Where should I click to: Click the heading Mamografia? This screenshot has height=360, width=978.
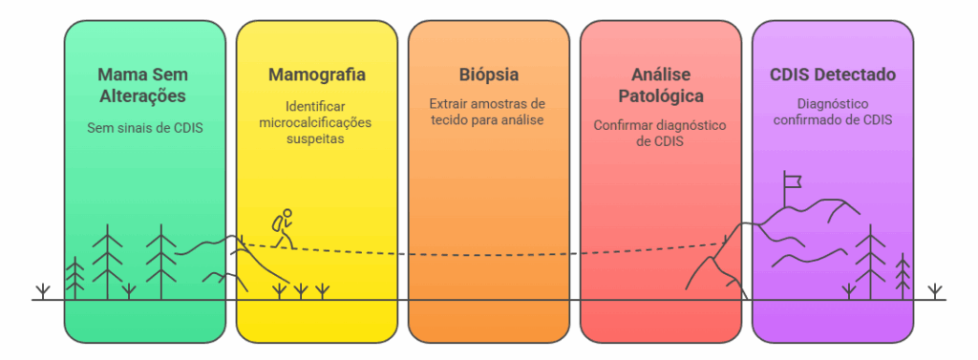pyautogui.click(x=317, y=74)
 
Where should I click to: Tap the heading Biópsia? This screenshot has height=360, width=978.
pyautogui.click(x=488, y=74)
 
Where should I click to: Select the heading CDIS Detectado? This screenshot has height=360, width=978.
pyautogui.click(x=833, y=74)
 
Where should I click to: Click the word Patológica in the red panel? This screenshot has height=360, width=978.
pyautogui.click(x=661, y=96)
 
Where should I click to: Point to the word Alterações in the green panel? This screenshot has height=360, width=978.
pyautogui.click(x=144, y=96)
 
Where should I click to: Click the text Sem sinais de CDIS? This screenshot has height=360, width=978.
pyautogui.click(x=144, y=127)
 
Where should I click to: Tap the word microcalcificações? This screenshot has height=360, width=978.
pyautogui.click(x=317, y=122)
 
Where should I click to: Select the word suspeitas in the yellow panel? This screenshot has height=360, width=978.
pyautogui.click(x=317, y=138)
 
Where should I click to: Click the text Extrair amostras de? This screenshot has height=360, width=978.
pyautogui.click(x=488, y=103)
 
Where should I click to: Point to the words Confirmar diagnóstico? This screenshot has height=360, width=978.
pyautogui.click(x=661, y=125)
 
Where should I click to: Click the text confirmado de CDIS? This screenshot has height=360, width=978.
pyautogui.click(x=833, y=119)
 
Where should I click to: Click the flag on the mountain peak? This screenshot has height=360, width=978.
pyautogui.click(x=792, y=179)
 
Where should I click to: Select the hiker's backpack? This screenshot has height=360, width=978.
pyautogui.click(x=276, y=222)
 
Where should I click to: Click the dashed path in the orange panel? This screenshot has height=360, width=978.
pyautogui.click(x=488, y=254)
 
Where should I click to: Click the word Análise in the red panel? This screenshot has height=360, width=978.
pyautogui.click(x=661, y=74)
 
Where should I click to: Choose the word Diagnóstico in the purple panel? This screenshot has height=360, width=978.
pyautogui.click(x=833, y=103)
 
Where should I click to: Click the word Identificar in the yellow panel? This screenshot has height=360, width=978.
pyautogui.click(x=317, y=106)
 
